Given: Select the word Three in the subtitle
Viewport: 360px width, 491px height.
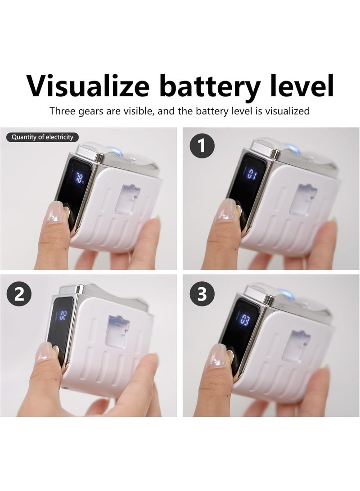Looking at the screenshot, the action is pyautogui.click(x=63, y=111).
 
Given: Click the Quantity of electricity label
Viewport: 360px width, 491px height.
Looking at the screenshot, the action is pyautogui.click(x=42, y=137).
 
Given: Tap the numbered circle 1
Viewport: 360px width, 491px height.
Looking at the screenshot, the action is pyautogui.click(x=202, y=146).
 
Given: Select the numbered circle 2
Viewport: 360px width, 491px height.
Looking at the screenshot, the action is pyautogui.click(x=19, y=294).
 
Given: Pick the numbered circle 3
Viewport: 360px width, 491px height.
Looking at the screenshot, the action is pyautogui.click(x=202, y=294).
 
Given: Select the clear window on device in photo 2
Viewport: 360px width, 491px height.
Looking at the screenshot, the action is pyautogui.click(x=118, y=331).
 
